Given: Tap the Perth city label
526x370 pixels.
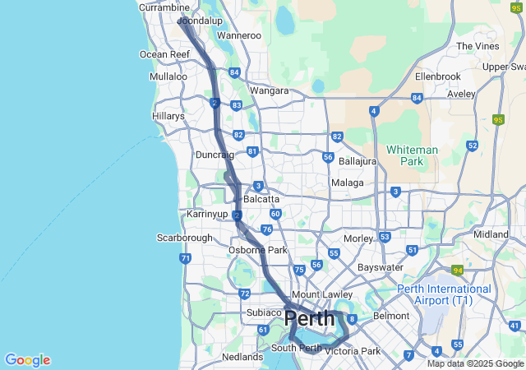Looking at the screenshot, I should [x=310, y=319].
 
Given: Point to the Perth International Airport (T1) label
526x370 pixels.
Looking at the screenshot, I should [x=444, y=294].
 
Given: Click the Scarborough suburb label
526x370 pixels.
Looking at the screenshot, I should [x=185, y=238].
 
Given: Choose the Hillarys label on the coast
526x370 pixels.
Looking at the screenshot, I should [x=168, y=117].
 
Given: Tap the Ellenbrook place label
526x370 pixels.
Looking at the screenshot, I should [x=439, y=76].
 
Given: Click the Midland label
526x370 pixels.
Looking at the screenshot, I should [x=491, y=234].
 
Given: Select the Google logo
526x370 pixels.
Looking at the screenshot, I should [x=27, y=360].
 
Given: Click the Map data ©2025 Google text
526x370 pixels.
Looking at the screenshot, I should [x=475, y=363].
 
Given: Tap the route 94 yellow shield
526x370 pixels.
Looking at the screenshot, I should [x=457, y=270].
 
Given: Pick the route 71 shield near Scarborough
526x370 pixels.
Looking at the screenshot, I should [x=186, y=258].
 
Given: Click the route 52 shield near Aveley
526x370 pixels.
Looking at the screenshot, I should [x=472, y=146].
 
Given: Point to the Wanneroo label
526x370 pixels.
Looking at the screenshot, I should [x=238, y=36].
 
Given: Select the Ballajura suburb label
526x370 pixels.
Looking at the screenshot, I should [x=357, y=161].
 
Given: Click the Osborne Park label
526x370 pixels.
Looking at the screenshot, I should [x=257, y=250].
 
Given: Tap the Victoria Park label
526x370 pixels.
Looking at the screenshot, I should [x=353, y=351].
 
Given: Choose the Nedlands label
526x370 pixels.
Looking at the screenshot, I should [x=242, y=357].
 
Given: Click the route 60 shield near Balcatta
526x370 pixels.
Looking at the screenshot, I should [x=275, y=214].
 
